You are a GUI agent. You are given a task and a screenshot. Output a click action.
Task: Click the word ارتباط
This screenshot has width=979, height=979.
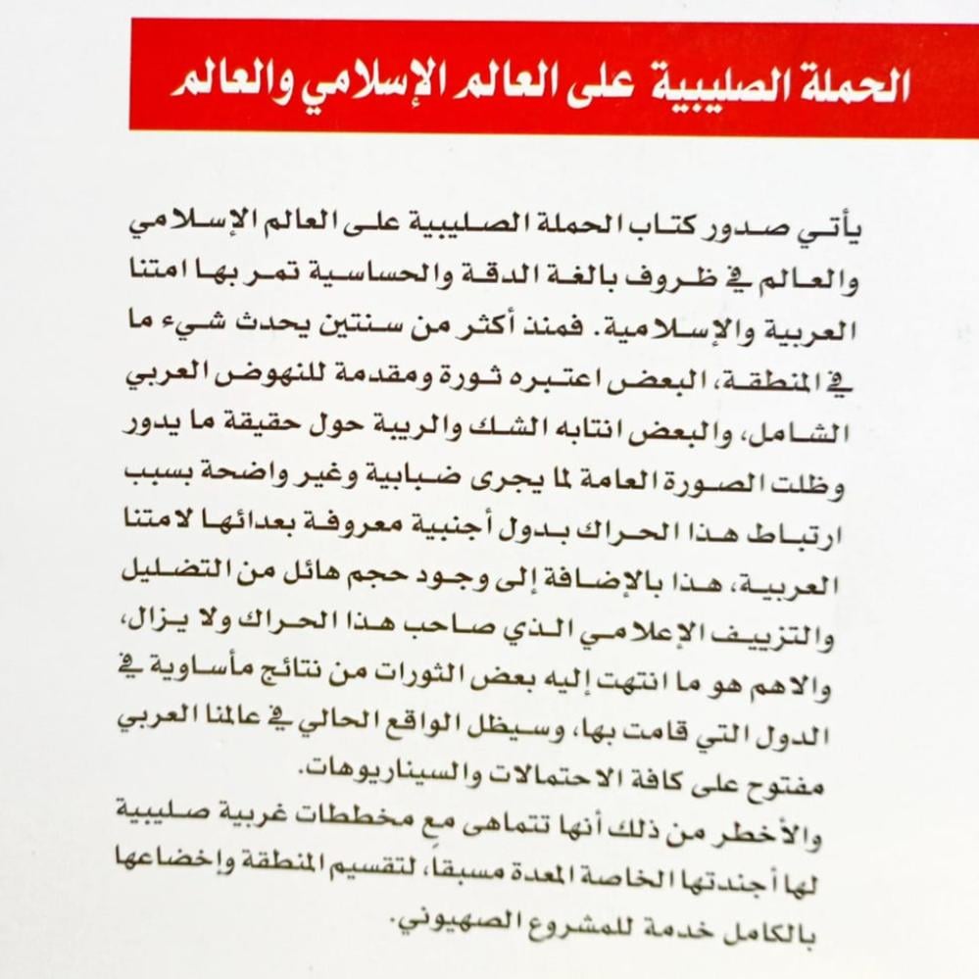coord(788,534)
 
